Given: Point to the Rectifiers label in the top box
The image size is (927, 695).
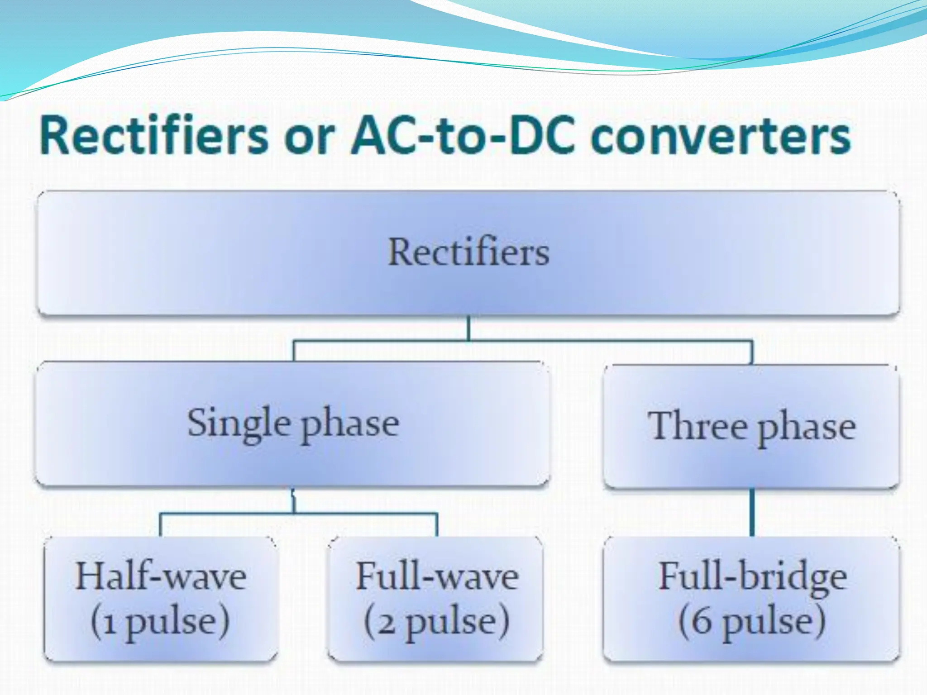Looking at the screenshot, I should [469, 252].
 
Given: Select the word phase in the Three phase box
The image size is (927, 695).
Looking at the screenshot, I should [807, 428].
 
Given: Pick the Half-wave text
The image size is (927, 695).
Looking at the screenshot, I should [161, 576].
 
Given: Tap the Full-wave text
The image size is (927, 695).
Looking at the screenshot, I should [437, 576].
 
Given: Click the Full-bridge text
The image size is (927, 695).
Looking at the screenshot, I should [752, 576].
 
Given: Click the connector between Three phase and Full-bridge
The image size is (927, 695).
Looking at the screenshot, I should [752, 512].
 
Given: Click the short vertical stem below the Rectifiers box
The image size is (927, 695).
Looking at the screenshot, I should [468, 328].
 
